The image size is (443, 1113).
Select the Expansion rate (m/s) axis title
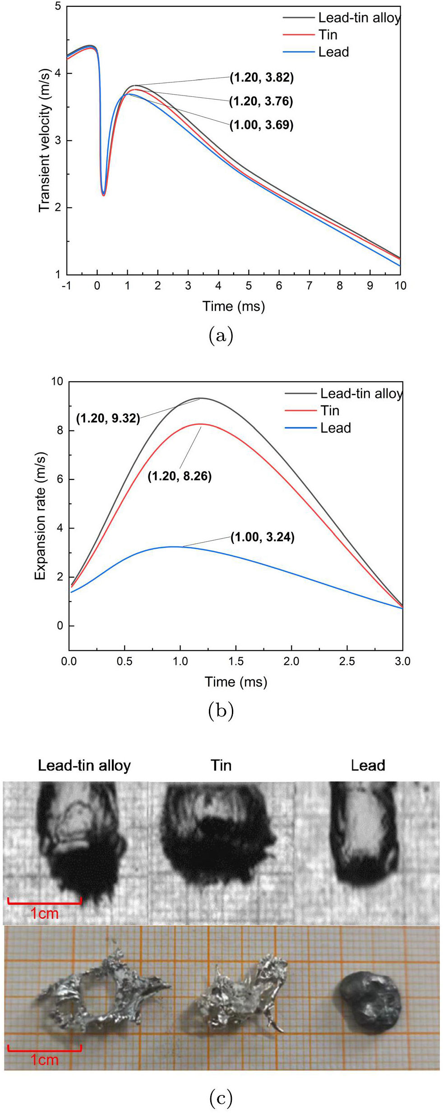click(x=40, y=516)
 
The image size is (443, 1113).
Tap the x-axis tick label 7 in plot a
click(x=309, y=286)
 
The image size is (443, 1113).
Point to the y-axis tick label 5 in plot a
click(x=58, y=7)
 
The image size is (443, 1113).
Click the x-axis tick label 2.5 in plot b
click(x=347, y=661)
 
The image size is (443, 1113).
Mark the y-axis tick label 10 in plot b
click(x=57, y=381)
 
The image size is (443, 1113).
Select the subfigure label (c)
click(x=221, y=1098)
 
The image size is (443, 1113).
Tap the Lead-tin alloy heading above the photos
click(x=84, y=765)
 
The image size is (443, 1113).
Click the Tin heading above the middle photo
click(x=221, y=765)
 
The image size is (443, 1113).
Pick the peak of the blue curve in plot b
click(x=174, y=546)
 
